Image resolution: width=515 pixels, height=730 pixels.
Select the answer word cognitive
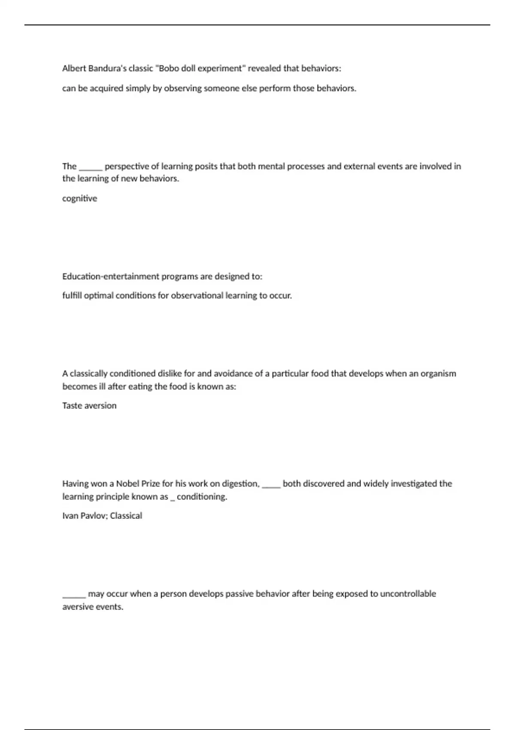79,198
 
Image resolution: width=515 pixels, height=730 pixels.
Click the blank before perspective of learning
91,168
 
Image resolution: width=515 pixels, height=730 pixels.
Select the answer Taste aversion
89,405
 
